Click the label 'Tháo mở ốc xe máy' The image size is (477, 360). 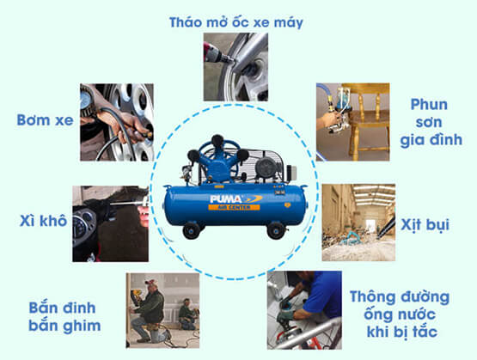(x=236, y=22)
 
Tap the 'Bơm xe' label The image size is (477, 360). (x=45, y=120)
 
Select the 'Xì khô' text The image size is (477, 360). (x=43, y=221)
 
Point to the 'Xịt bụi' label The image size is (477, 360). (x=425, y=225)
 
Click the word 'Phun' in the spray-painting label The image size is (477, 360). (x=429, y=105)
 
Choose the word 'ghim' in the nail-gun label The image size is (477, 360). (x=83, y=326)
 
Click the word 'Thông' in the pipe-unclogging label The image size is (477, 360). (x=374, y=297)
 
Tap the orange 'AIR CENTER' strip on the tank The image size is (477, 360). (x=234, y=207)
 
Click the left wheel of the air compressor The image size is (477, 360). (x=192, y=231)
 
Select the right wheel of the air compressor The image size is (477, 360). (x=276, y=230)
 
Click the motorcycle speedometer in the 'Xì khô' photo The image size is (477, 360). (x=81, y=226)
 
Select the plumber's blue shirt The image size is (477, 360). (x=323, y=295)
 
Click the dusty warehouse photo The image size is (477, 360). (x=358, y=223)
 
